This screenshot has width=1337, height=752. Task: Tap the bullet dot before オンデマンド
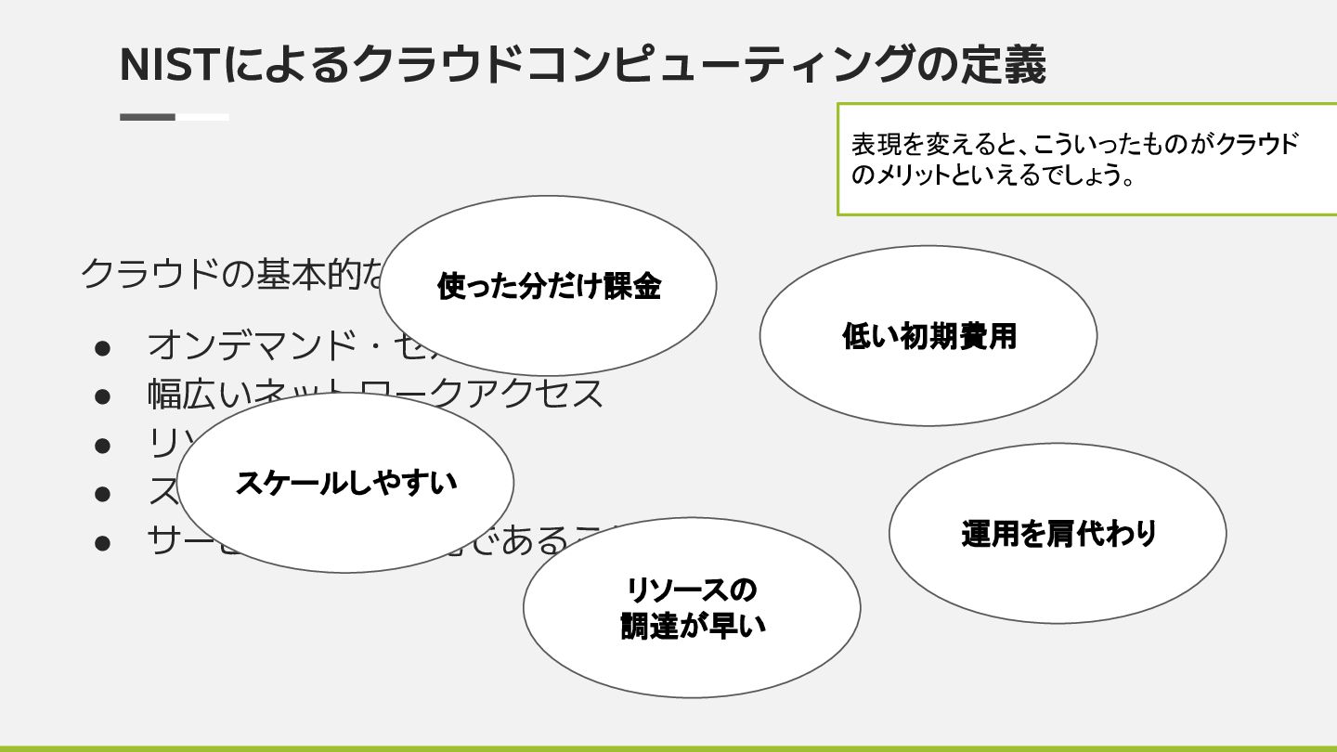(102, 346)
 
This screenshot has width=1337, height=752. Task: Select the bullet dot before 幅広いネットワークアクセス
(102, 395)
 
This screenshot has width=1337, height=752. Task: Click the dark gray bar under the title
(148, 117)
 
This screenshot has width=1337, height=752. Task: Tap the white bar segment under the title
(202, 117)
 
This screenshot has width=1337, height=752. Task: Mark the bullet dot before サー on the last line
(102, 540)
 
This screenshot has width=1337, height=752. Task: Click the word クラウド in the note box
(1257, 145)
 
